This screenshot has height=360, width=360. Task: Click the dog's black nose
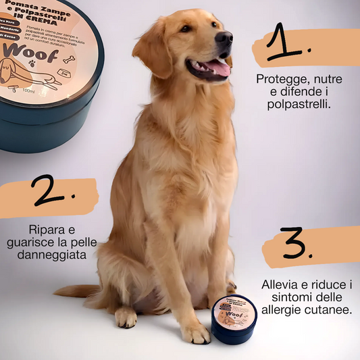pos(224,38)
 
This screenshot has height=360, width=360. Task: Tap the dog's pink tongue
pos(217,67)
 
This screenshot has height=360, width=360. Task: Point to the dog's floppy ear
pos(151,51)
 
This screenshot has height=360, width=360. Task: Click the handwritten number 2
pos(52,193)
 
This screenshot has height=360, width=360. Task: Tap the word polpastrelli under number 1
pos(301,105)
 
